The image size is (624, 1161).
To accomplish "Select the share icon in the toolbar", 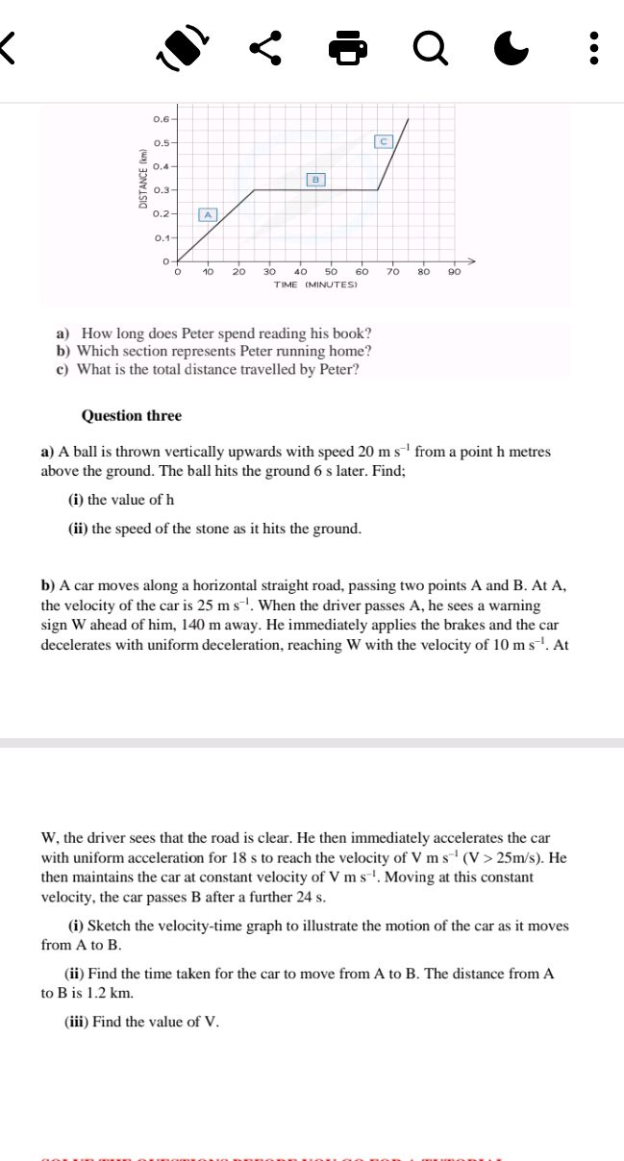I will [x=266, y=46].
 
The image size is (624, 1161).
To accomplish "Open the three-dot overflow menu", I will [x=596, y=46].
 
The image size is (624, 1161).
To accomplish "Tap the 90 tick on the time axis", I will [x=454, y=272].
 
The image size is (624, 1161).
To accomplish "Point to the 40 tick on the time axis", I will [x=301, y=272].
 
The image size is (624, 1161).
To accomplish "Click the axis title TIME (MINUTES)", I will [x=315, y=285].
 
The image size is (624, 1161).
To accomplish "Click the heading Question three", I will [x=131, y=416].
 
